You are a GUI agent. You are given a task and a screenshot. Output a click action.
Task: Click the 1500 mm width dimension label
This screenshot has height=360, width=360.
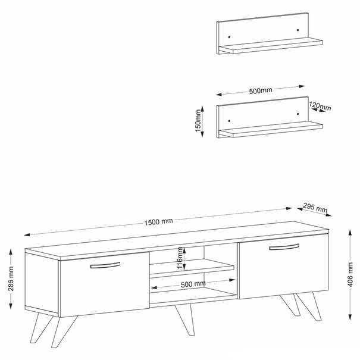click(158, 222)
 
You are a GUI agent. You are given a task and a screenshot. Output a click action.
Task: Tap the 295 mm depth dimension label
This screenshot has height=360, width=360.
click(315, 208)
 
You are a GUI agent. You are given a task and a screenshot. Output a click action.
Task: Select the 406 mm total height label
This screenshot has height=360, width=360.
click(350, 274)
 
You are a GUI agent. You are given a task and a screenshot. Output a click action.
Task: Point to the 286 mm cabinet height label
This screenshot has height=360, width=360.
click(11, 278)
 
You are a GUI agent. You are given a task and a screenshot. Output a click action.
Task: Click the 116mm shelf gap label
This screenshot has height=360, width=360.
click(180, 258)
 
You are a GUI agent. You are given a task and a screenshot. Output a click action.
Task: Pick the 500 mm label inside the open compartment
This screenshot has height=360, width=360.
click(193, 284)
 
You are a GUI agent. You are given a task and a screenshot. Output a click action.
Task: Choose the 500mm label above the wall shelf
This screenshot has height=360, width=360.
click(261, 90)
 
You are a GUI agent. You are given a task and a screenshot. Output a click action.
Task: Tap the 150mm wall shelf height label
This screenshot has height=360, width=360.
click(198, 121)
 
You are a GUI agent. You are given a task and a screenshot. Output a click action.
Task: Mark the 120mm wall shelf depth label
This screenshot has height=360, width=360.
click(320, 106)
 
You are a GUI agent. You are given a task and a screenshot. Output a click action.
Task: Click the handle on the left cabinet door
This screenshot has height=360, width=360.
click(105, 265)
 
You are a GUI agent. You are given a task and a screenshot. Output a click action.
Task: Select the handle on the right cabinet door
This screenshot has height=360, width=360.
click(284, 247)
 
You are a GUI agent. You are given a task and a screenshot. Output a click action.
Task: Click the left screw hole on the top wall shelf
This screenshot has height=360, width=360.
click(229, 37)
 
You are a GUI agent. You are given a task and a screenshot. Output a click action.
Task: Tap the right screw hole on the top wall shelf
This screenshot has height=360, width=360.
click(298, 30)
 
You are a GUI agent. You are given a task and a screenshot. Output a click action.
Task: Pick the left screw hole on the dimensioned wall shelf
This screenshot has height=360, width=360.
click(229, 121)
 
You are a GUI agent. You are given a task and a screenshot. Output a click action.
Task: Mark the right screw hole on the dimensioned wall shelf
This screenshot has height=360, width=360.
click(298, 114)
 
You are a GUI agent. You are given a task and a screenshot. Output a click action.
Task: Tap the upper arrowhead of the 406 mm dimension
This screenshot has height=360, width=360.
click(350, 232)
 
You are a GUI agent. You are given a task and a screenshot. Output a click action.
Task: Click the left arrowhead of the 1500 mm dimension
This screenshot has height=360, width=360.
click(27, 234)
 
